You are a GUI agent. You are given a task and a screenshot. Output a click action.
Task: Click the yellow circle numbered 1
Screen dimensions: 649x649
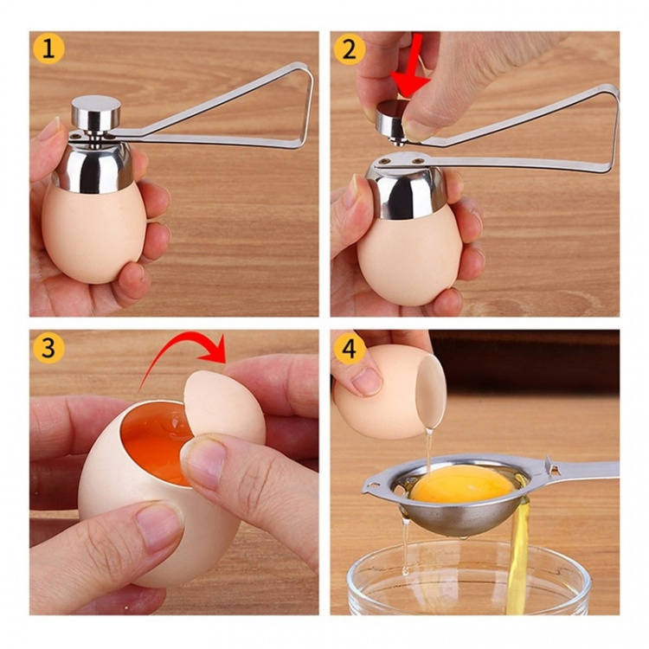pyautogui.click(x=49, y=49)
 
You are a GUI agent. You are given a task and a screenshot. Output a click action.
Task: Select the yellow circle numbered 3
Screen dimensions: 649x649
pyautogui.click(x=49, y=348)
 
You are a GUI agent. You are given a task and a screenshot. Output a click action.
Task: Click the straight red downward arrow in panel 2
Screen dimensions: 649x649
pyautogui.click(x=414, y=69)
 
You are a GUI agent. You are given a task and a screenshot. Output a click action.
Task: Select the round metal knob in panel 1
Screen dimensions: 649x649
pyautogui.click(x=95, y=113)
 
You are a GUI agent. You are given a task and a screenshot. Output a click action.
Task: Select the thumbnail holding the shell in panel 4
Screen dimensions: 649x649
pyautogui.click(x=367, y=381)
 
